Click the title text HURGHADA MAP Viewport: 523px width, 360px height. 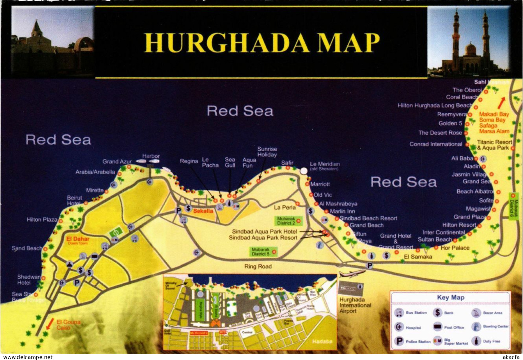261,43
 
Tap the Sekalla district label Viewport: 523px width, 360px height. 203,211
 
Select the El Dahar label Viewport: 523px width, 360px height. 78,239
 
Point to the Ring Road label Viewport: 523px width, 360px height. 258,266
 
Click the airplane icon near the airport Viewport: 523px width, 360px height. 352,274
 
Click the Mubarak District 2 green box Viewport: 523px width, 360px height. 286,221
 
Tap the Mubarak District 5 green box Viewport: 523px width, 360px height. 261,251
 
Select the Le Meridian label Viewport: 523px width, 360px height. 325,164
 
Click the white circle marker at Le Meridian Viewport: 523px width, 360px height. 304,171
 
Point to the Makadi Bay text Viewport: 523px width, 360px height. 494,114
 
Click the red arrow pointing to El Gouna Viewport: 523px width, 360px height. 50,324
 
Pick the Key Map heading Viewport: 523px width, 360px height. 450,298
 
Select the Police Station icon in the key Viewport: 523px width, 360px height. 399,341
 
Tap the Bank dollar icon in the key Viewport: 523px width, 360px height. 437,312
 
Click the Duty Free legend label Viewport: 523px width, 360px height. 491,341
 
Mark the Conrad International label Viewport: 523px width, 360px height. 435,144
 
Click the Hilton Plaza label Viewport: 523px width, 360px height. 42,220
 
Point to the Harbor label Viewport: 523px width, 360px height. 151,156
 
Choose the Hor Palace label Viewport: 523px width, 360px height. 455,248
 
